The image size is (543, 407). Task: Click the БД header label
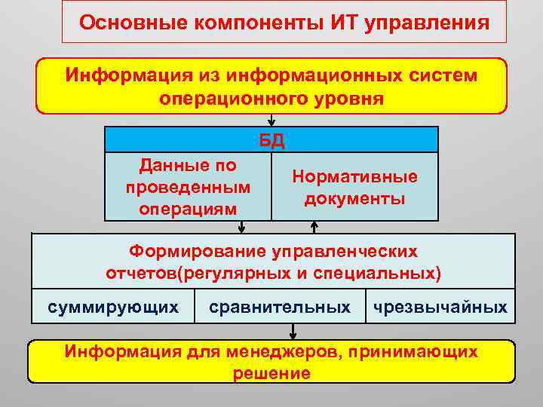(271, 140)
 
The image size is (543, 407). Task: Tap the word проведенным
(188, 186)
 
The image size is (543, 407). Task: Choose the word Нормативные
(354, 177)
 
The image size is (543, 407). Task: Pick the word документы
(354, 198)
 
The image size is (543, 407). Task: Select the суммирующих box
(113, 307)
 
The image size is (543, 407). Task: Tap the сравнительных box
(280, 307)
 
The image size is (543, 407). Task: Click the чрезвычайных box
(440, 307)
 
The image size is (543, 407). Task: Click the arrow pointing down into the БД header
(271, 121)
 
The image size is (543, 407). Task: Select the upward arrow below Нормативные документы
(314, 227)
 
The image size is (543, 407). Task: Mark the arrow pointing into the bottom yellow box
(293, 332)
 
